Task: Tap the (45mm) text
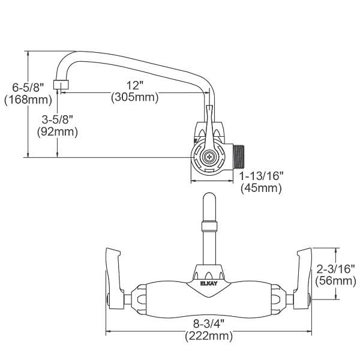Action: pyautogui.click(x=261, y=188)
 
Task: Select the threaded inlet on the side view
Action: pyautogui.click(x=239, y=158)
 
